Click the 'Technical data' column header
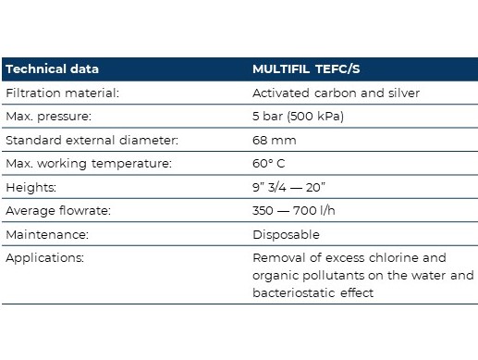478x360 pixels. [52, 68]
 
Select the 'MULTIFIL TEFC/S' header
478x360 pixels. [306, 69]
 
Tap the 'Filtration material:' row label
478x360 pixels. [62, 93]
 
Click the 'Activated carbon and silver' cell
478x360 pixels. [336, 93]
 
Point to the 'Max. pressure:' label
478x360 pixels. [49, 117]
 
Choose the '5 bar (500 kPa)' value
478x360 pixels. [298, 117]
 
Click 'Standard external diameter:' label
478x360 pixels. [92, 140]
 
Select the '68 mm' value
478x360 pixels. [275, 141]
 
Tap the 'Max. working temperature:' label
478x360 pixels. [89, 164]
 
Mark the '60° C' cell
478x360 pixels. [269, 164]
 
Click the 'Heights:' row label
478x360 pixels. [31, 187]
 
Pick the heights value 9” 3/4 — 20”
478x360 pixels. [288, 187]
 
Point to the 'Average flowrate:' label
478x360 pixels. [58, 211]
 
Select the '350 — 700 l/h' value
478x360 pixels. [294, 211]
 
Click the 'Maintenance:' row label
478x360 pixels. [47, 235]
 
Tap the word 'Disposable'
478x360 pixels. [286, 235]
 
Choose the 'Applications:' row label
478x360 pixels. [44, 258]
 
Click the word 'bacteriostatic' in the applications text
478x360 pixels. [294, 292]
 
